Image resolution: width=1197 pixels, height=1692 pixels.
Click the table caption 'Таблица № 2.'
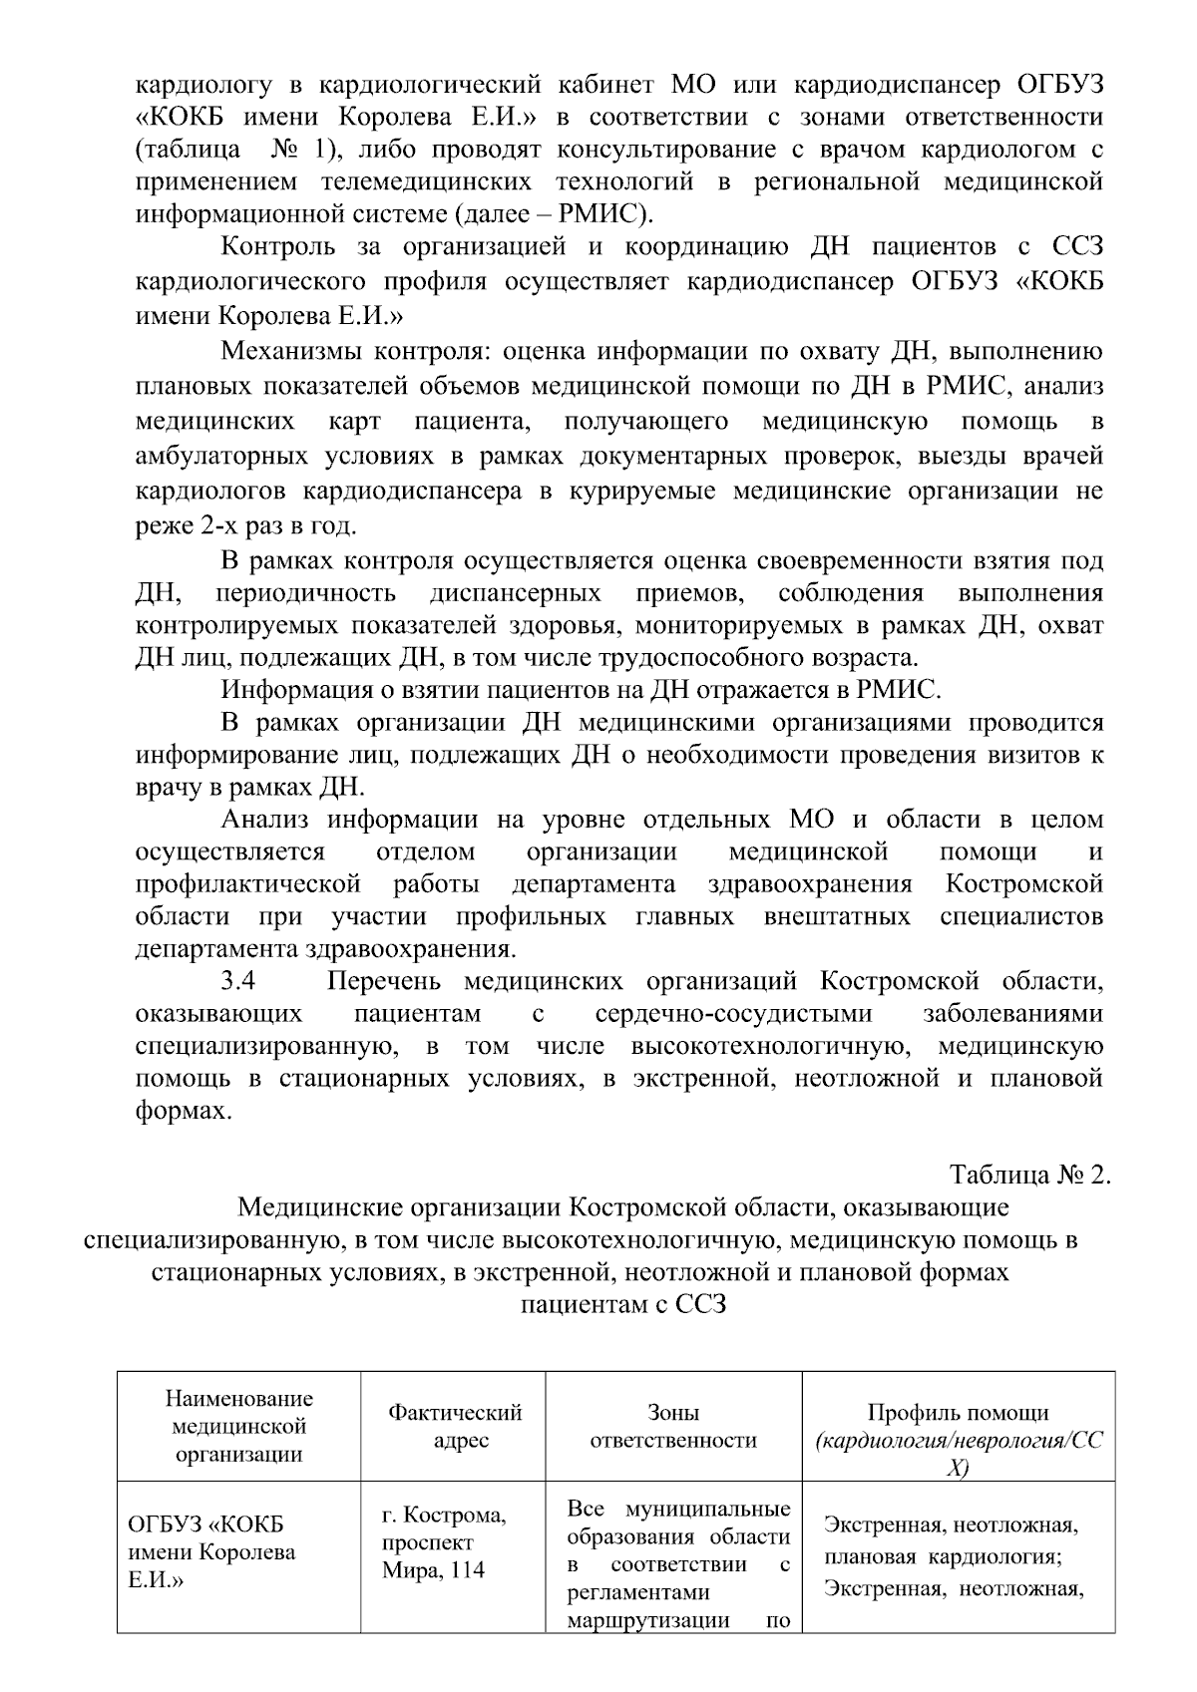click(1029, 1174)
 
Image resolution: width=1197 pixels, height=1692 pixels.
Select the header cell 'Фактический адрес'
click(455, 1426)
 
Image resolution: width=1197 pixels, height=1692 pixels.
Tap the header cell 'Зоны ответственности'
click(673, 1426)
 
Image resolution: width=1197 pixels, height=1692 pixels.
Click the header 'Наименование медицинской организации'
click(238, 1426)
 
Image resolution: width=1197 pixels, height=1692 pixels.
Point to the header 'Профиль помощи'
click(958, 1413)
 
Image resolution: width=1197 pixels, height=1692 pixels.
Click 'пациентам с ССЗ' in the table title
click(623, 1304)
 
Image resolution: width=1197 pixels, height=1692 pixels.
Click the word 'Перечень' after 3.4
click(383, 981)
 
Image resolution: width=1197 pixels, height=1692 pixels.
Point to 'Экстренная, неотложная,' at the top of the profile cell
click(950, 1525)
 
